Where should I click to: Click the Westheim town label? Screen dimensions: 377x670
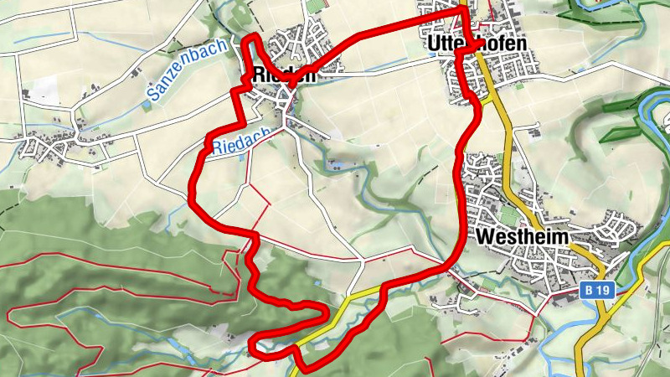[522, 237]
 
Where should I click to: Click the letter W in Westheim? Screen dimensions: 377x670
[483, 237]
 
